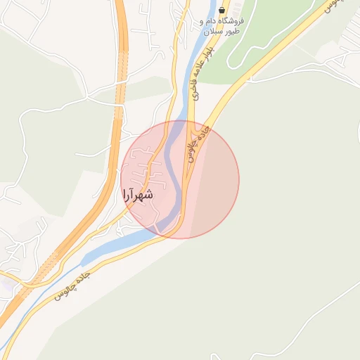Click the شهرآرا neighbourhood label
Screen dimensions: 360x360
point(138,195)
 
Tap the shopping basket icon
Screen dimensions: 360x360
point(222,11)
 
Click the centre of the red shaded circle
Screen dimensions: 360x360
point(180,179)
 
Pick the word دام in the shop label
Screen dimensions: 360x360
point(213,22)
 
